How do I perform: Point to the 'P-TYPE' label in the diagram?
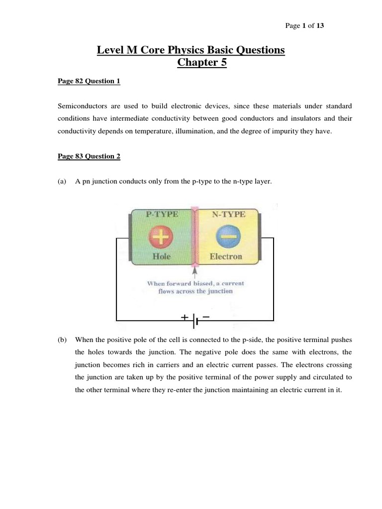click(162, 215)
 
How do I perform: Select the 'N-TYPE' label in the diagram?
click(226, 215)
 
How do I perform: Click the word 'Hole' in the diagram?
click(162, 256)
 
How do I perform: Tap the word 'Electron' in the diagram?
click(226, 256)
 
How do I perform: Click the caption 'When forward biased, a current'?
click(195, 283)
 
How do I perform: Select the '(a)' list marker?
click(62, 182)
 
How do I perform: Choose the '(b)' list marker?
click(62, 340)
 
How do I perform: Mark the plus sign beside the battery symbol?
click(185, 316)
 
